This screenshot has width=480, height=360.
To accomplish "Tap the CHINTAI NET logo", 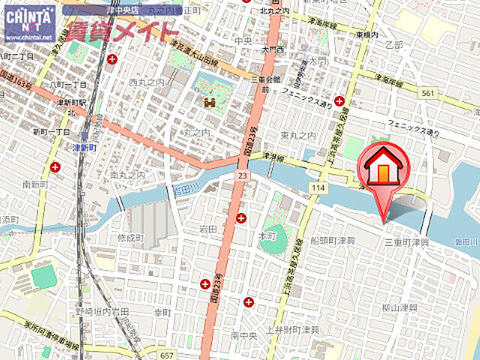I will click(x=29, y=22).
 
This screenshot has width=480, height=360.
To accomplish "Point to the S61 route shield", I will click(x=427, y=93).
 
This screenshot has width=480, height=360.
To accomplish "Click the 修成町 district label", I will click(x=130, y=237).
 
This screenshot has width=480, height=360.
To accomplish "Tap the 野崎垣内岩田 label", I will click(x=102, y=310).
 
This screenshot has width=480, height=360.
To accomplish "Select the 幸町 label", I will click(x=163, y=310).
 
